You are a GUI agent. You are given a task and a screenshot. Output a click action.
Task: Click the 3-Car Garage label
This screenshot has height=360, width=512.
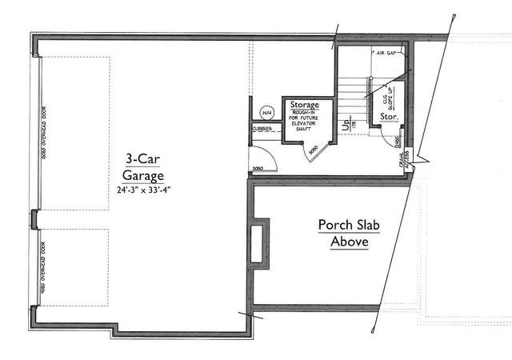[143, 166]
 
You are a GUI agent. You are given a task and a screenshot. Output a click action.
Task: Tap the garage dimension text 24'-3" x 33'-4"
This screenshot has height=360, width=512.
[143, 190]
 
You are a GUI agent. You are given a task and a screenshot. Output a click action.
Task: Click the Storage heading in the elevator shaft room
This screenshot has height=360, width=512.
[305, 106]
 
